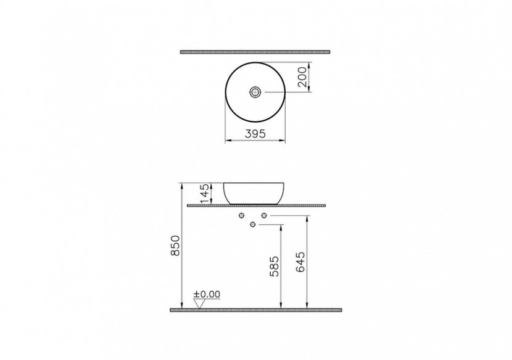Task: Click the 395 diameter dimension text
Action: pyautogui.click(x=254, y=134)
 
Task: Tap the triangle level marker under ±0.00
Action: pyautogui.click(x=199, y=303)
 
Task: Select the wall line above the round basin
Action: pyautogui.click(x=255, y=52)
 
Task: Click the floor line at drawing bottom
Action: pyautogui.click(x=255, y=309)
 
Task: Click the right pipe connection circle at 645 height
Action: pyautogui.click(x=264, y=215)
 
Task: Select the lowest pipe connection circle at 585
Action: pyautogui.click(x=253, y=224)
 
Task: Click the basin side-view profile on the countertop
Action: pyautogui.click(x=254, y=192)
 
